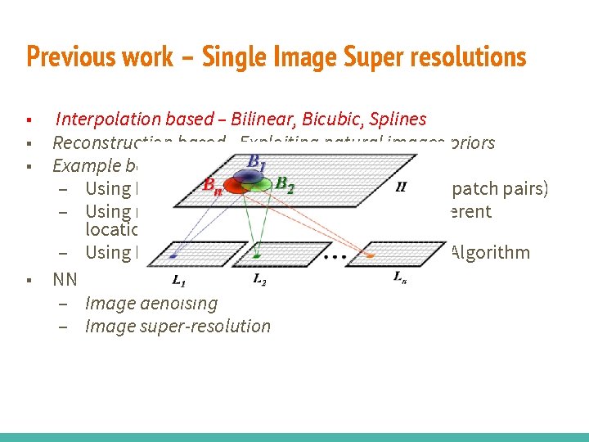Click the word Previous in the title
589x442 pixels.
(x=60, y=57)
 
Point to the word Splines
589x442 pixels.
(x=398, y=120)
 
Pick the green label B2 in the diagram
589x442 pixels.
(x=285, y=183)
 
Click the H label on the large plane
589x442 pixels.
(x=400, y=187)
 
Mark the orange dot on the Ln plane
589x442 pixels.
(x=371, y=255)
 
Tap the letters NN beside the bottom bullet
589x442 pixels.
(x=65, y=279)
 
